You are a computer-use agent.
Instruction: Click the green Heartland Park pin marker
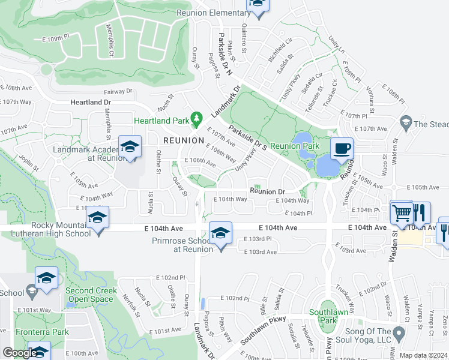pos(194,119)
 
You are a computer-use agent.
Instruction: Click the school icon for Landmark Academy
pos(130,147)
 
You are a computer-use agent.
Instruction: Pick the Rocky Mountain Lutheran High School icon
pos(97,220)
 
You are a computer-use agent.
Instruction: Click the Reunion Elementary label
pos(213,13)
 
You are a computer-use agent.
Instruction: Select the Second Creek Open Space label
pos(89,295)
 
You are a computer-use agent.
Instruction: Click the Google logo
pos(20,353)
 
